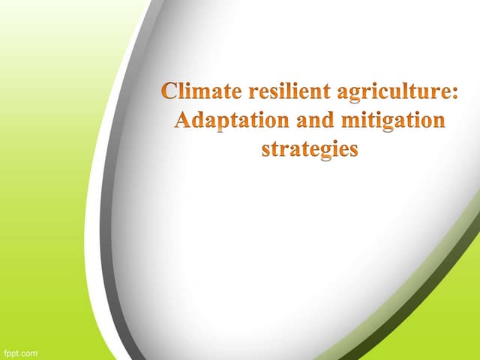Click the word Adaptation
click(x=224, y=121)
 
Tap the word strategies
click(x=310, y=148)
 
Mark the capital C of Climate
click(x=171, y=94)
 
